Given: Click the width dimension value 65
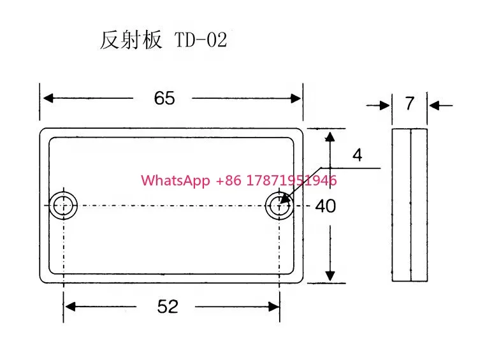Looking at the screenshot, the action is pos(164,98).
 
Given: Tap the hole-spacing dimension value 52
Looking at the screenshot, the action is pos(168,306).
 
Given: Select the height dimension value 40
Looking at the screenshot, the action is pos(326,206).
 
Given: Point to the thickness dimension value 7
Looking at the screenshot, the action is pos(410,103).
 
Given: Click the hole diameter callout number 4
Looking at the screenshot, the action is pos(358,155).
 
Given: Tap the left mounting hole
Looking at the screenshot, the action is pos(63,205).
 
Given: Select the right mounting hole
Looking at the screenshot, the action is pos(279,205).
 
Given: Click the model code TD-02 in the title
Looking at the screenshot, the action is pos(201,40).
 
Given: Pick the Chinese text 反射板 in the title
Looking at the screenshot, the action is pos(131,40).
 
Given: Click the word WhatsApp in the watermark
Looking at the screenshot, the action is pos(175,180).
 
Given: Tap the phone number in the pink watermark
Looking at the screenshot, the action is pos(276,180).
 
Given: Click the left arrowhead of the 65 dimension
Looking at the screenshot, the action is pos(48,98).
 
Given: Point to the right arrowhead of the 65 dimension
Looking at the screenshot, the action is pos(296,99).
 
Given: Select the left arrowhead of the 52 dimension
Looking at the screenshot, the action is pos(70,306).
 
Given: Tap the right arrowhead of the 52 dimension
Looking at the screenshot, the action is pos(273,306).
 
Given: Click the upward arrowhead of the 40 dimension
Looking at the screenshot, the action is pos(330,137).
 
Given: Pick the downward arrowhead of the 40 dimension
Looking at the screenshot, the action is pos(330,275).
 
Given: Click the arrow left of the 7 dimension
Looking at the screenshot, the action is pos(378,106).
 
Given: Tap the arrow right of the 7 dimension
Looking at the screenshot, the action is pos(441,106).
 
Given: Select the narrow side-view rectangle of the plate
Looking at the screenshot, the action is pos(410,205).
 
